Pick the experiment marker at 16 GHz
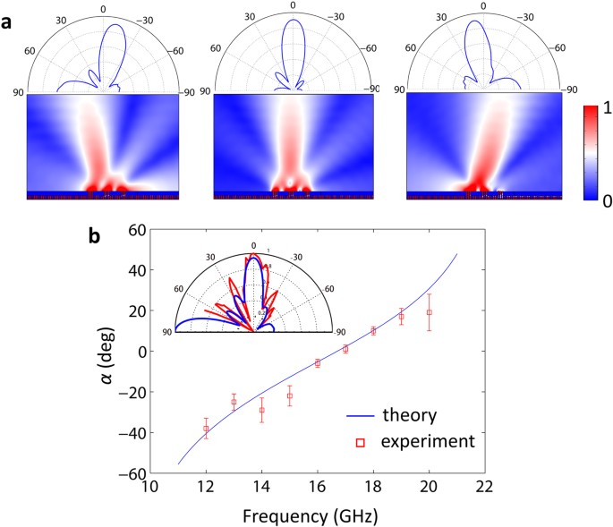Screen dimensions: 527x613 click(318, 363)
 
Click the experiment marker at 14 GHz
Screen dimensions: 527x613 click(261, 410)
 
